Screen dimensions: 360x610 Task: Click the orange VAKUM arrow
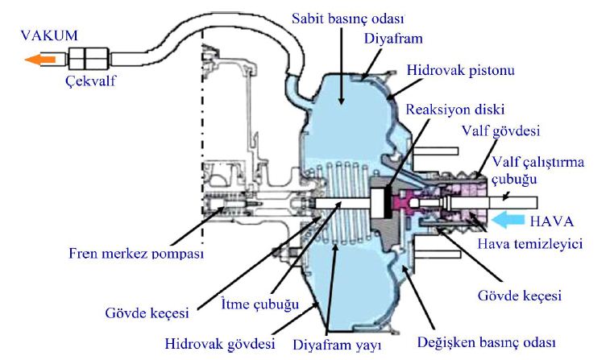(40, 58)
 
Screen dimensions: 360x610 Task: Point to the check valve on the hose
(88, 57)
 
